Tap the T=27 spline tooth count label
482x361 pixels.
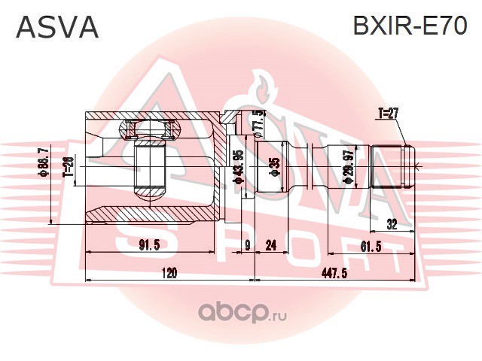pos(387,114)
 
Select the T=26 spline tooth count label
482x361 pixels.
pos(68,163)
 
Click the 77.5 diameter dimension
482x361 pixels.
pos(258,120)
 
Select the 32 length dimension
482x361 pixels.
pos(392,222)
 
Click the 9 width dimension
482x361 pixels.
pos(246,244)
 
